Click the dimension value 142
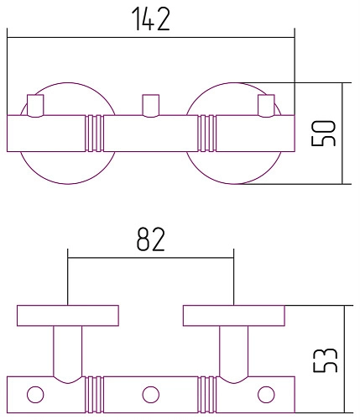pyautogui.click(x=150, y=19)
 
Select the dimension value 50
pyautogui.click(x=325, y=133)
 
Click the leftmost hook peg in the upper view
pyautogui.click(x=36, y=105)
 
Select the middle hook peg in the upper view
pyautogui.click(x=150, y=105)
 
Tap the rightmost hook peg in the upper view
pyautogui.click(x=265, y=105)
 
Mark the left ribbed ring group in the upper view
pyautogui.click(x=94, y=133)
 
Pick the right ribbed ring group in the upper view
pyautogui.click(x=207, y=133)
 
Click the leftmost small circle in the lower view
pyautogui.click(x=35, y=393)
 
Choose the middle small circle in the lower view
pyautogui.click(x=150, y=393)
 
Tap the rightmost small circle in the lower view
pyautogui.click(x=266, y=393)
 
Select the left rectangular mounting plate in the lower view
pyautogui.click(x=67, y=316)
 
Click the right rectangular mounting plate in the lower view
pyautogui.click(x=233, y=316)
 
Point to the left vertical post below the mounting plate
pyautogui.click(x=67, y=351)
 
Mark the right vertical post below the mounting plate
pyautogui.click(x=233, y=351)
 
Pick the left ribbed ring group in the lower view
pyautogui.click(x=93, y=393)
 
